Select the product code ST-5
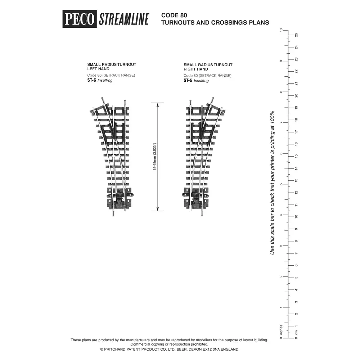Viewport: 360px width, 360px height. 188,81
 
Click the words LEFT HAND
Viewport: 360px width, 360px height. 98,69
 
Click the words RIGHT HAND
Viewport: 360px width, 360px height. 196,69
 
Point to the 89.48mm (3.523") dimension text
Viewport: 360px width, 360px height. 154,157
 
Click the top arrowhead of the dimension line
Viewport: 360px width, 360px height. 157,105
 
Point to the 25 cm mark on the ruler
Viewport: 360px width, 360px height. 296,35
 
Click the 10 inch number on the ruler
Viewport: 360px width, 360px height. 281,31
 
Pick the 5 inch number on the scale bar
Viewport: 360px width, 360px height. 281,184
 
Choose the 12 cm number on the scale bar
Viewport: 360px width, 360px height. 296,193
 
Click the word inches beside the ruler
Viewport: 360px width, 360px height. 281,329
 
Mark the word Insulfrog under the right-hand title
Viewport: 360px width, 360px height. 201,81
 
